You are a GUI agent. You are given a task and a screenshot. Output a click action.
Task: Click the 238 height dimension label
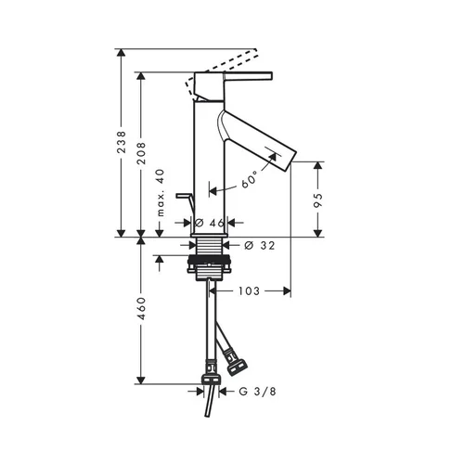pyautogui.click(x=122, y=142)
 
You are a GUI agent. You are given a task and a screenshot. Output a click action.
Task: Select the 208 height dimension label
pyautogui.click(x=141, y=153)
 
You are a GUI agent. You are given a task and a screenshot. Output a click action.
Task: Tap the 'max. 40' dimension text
pyautogui.click(x=161, y=193)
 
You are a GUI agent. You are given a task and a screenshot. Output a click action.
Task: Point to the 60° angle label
pyautogui.click(x=250, y=179)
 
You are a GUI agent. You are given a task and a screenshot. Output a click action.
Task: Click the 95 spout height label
pyautogui.click(x=318, y=200)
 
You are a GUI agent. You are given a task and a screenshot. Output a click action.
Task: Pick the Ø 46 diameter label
pyautogui.click(x=210, y=223)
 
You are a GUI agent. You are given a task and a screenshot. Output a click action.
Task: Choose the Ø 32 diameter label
pyautogui.click(x=259, y=245)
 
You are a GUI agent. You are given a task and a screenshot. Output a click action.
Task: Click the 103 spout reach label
pyautogui.click(x=249, y=291)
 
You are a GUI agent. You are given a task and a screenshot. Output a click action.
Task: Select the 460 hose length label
pyautogui.click(x=141, y=308)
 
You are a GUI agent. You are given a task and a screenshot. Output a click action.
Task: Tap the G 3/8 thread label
pyautogui.click(x=257, y=392)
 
